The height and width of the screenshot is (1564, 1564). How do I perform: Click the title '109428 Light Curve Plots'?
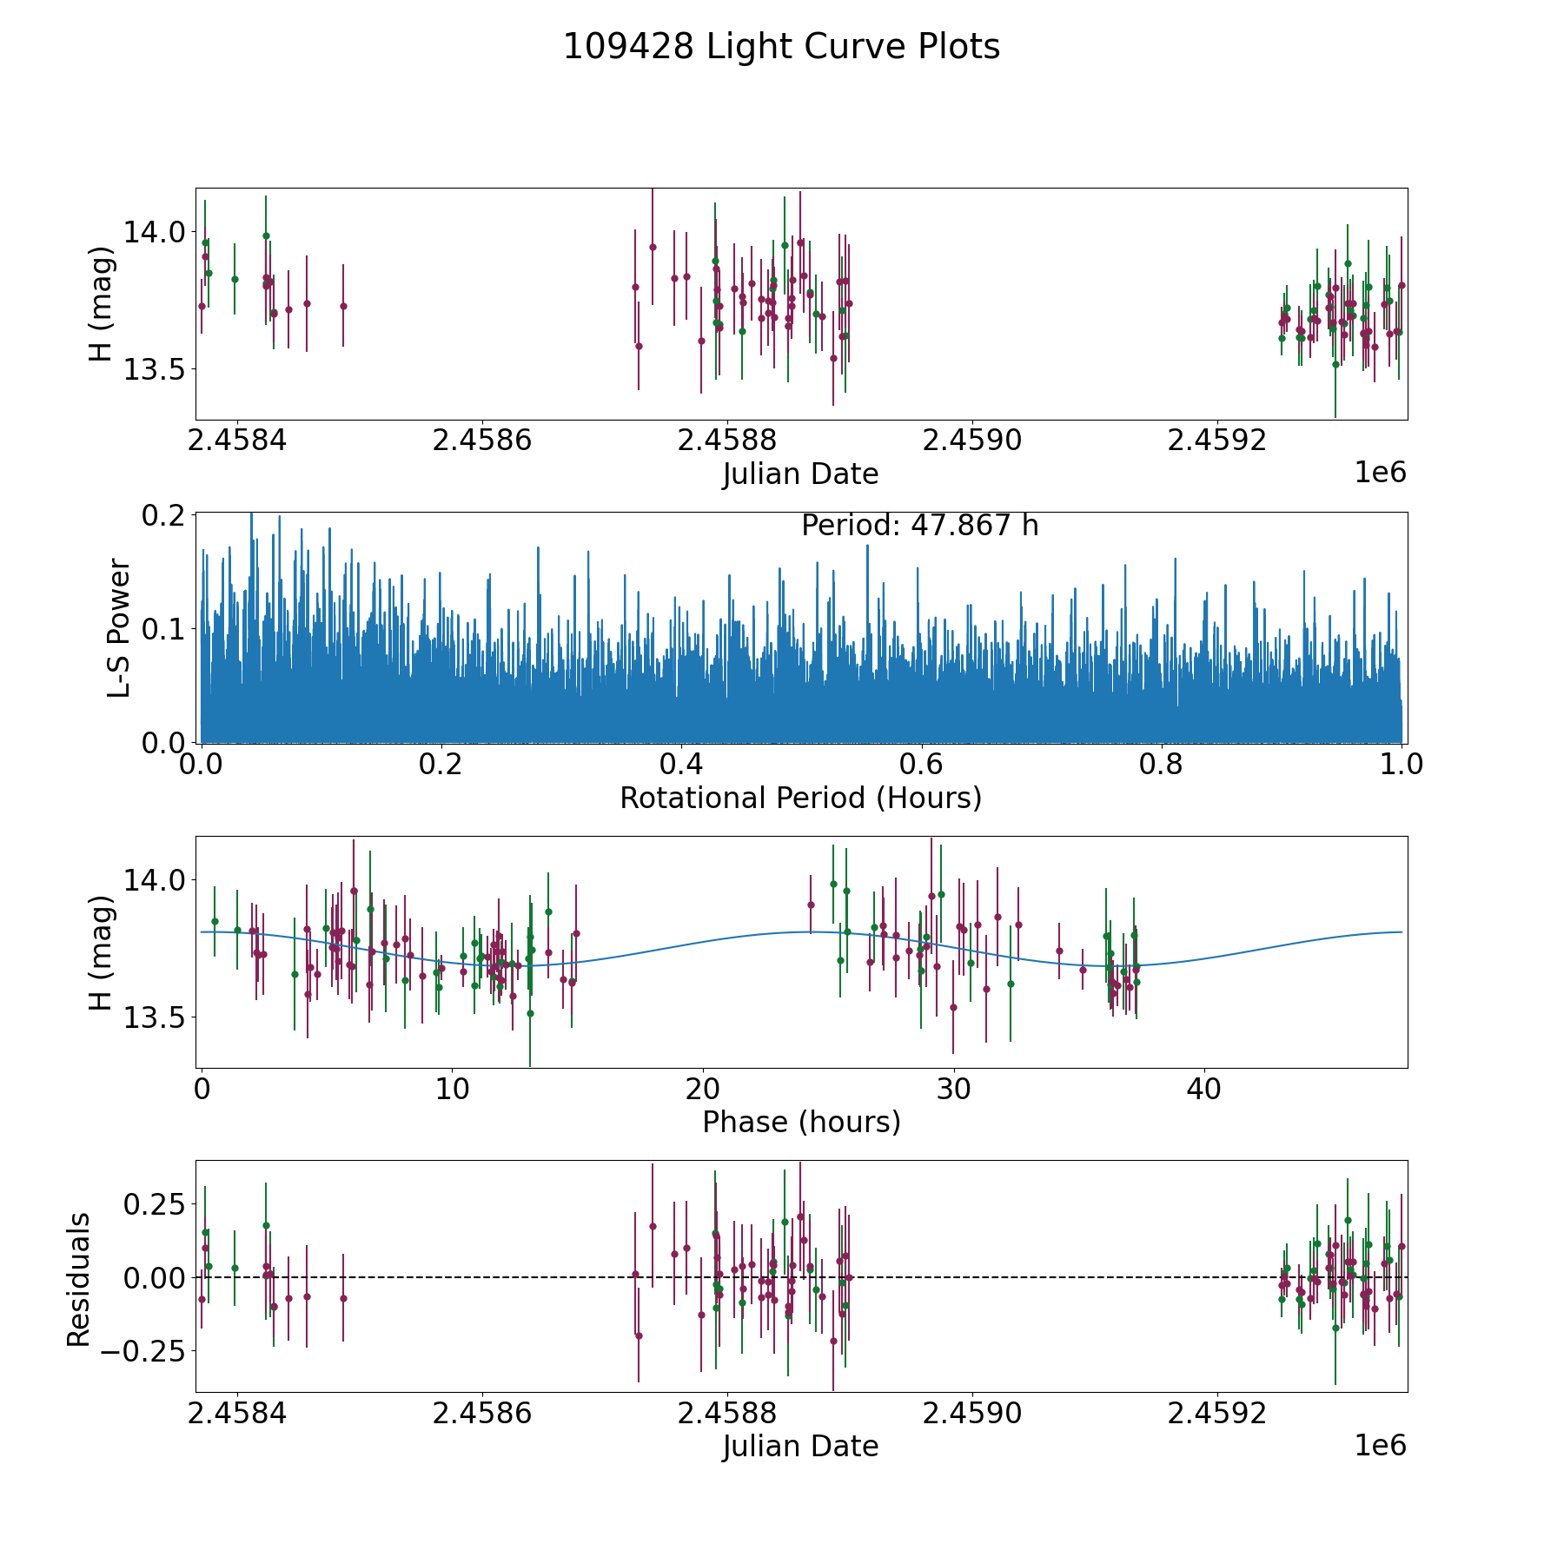781,47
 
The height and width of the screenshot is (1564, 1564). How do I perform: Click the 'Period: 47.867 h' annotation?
919,526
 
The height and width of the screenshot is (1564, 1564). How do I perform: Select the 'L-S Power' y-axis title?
119,628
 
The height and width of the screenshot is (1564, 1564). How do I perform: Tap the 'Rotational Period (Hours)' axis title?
800,798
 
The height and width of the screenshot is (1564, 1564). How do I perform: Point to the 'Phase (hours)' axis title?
801,1122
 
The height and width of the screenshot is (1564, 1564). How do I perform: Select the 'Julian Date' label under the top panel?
800,474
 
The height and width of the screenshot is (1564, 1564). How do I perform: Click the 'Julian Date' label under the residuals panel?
800,1446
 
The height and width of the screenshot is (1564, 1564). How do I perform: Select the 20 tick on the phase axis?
702,1089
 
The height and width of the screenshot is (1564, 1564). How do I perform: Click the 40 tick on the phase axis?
1203,1089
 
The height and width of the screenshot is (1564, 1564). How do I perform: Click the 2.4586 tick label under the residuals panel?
481,1413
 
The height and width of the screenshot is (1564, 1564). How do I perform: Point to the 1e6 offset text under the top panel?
1380,473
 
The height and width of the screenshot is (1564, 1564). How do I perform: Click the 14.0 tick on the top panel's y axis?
154,233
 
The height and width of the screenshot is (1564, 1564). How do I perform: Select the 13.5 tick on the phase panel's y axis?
154,1017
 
